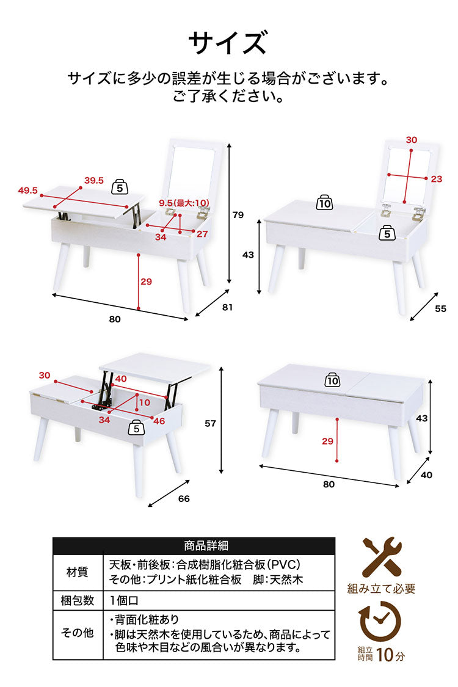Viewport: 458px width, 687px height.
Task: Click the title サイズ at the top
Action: [227, 43]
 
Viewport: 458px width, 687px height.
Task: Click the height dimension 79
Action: [238, 215]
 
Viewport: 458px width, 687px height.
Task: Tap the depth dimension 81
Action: [227, 307]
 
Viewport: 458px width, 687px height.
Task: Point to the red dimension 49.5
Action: [27, 191]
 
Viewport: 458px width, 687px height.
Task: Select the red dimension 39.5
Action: [94, 181]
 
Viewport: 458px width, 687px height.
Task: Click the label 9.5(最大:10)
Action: [184, 203]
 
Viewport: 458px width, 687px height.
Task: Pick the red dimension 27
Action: [202, 234]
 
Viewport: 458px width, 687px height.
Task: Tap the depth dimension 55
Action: [440, 308]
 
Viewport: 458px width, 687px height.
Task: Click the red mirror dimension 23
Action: [436, 179]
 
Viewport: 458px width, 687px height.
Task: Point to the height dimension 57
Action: [210, 423]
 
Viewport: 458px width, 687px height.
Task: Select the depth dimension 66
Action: [184, 498]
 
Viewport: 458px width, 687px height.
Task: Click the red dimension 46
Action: [159, 421]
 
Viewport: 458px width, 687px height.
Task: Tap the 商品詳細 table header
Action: [206, 545]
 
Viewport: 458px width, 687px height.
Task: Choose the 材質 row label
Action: [77, 572]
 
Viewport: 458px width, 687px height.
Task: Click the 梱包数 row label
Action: [77, 600]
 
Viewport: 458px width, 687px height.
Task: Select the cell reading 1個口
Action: [124, 600]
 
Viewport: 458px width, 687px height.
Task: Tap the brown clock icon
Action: [380, 621]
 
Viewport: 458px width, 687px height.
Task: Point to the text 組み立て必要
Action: [381, 589]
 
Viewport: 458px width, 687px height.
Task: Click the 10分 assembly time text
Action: [390, 655]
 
